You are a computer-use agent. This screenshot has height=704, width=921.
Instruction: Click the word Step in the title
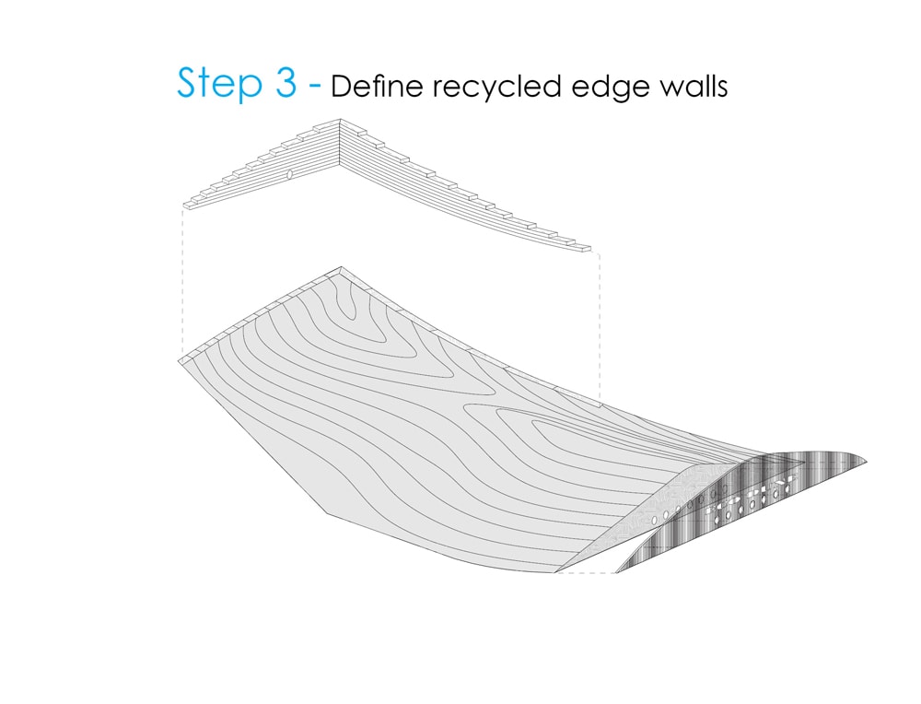pos(220,84)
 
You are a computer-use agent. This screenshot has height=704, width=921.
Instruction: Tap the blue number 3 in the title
pos(286,82)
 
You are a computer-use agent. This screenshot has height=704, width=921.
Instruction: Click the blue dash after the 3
pos(315,85)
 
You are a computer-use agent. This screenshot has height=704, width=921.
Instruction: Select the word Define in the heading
pos(377,86)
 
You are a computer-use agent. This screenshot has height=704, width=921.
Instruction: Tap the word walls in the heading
pos(694,86)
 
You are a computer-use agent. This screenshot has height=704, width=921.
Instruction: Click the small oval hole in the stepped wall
pos(289,174)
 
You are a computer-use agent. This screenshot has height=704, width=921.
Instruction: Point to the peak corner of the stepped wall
pos(340,120)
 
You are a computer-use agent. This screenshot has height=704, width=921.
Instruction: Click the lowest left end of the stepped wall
pos(184,205)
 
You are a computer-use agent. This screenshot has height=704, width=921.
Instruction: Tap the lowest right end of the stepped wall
pos(590,249)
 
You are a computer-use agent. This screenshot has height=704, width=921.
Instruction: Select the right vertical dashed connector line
pos(600,327)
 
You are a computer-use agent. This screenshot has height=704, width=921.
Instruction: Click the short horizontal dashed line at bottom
pos(585,572)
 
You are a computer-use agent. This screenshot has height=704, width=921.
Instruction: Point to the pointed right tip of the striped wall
pos(867,463)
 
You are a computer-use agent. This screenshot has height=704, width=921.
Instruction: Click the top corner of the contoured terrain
pos(342,267)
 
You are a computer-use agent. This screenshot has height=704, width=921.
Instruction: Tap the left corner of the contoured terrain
pos(179,359)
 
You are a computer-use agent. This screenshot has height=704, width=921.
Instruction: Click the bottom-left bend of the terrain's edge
pos(327,512)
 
